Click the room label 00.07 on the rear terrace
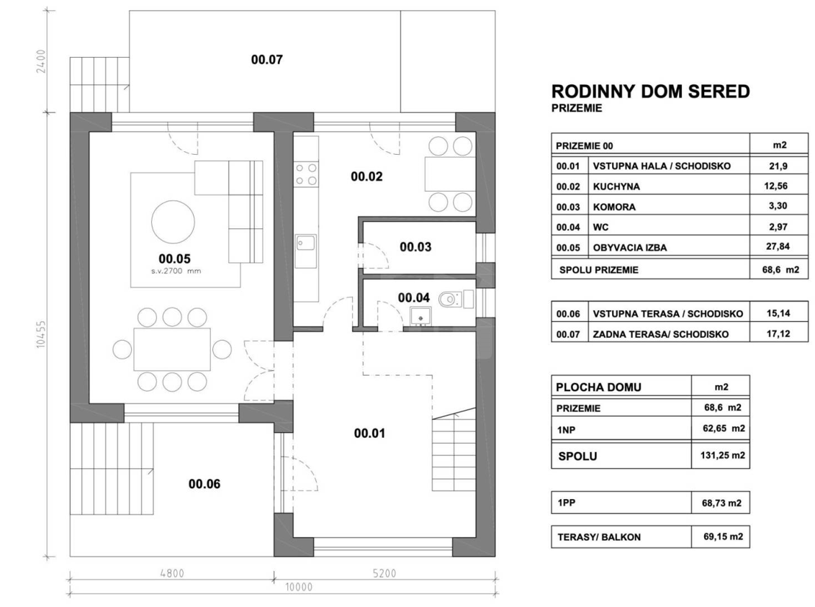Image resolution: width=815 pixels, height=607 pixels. point(266,60)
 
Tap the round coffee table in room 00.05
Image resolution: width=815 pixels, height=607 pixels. point(173,222)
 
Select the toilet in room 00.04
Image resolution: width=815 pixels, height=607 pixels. point(450,300)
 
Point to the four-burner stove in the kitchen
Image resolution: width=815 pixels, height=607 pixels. point(305,174)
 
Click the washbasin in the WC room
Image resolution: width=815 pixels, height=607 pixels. point(420,315)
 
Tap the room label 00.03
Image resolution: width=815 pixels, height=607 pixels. point(415,247)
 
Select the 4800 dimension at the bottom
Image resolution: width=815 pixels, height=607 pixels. point(171,573)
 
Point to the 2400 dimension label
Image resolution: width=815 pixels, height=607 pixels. point(42,62)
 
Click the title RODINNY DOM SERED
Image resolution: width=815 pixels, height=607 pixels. point(650,91)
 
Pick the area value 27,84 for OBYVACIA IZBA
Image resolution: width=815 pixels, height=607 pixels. point(778,246)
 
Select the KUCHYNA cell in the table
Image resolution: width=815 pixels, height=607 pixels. point(616,186)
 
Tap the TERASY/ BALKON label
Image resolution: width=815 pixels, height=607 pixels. point(599,537)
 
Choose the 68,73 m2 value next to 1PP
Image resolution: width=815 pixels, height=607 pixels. point(721,503)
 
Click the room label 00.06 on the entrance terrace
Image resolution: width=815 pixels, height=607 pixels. point(204,484)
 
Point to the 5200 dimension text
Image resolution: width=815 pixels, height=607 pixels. point(384,573)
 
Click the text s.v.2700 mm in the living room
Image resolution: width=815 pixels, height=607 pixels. point(176,271)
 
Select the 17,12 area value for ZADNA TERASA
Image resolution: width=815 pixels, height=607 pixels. point(778,333)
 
